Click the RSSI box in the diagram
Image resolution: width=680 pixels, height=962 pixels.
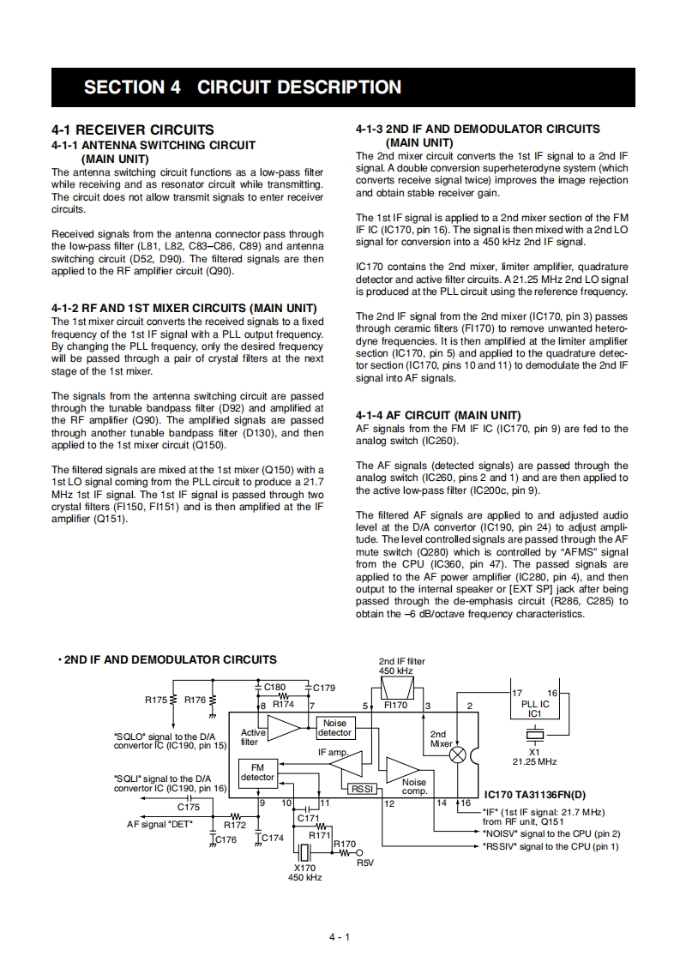(x=358, y=789)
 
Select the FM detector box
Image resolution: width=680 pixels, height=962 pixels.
(x=257, y=773)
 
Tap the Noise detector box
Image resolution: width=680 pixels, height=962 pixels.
(x=334, y=728)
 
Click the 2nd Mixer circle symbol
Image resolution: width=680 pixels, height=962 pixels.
(x=459, y=755)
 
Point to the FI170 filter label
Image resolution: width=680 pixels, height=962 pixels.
(x=395, y=705)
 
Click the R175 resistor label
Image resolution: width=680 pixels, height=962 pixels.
(x=156, y=700)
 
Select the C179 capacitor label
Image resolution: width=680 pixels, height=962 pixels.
(x=324, y=688)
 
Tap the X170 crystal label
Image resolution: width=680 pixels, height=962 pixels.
(x=304, y=868)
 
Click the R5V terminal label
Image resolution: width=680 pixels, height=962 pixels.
(x=365, y=863)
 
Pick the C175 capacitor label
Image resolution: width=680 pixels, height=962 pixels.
(x=189, y=808)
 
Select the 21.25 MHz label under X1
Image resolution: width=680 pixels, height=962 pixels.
(x=534, y=761)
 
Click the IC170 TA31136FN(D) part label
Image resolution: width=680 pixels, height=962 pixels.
(x=535, y=795)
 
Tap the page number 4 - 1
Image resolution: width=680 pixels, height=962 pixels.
(x=340, y=936)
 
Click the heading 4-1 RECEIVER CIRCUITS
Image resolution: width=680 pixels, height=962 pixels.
(x=133, y=130)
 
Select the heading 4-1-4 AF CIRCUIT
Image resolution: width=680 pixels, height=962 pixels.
(x=438, y=415)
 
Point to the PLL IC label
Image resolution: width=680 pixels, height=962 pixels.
(x=535, y=704)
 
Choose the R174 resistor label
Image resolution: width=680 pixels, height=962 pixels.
(x=284, y=704)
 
